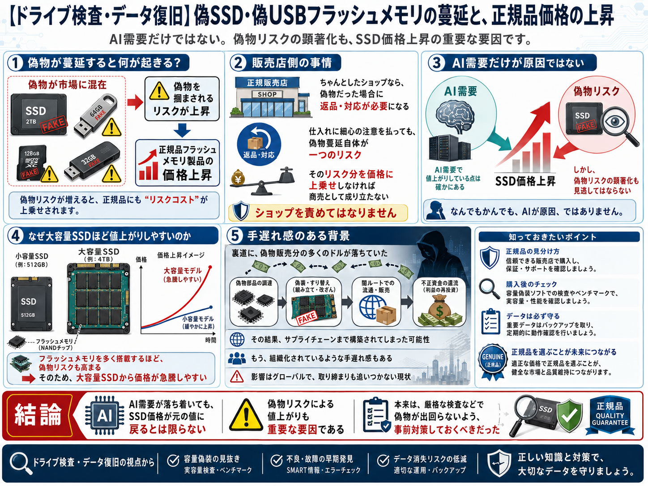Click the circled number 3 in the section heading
(x=436, y=63)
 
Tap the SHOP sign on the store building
(x=267, y=94)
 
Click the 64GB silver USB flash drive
(x=95, y=115)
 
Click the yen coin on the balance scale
(x=238, y=178)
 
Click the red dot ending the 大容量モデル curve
(x=210, y=267)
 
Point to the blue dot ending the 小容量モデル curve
(x=211, y=307)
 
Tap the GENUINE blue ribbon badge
(x=492, y=361)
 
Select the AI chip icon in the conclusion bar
(x=105, y=415)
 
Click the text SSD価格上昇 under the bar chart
(x=525, y=181)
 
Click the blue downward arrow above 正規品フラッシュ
(x=182, y=130)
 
